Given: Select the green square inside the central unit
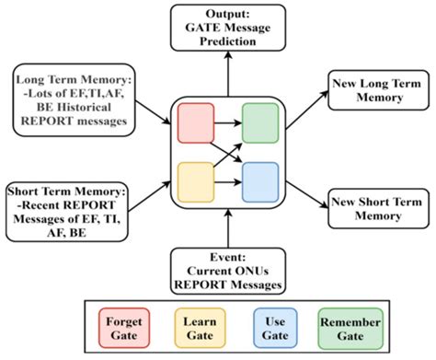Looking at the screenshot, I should click(x=258, y=122).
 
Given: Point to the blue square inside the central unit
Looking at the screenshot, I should click(x=258, y=180).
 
